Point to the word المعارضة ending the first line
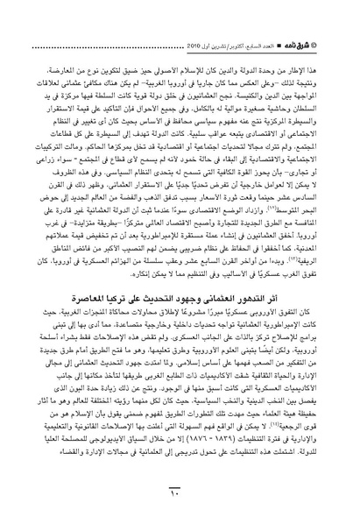click(41, 40)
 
